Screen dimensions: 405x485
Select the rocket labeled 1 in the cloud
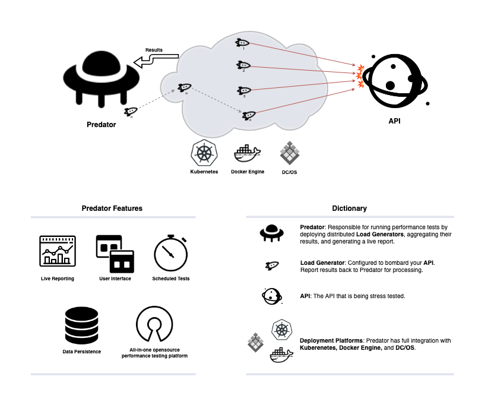click(x=243, y=43)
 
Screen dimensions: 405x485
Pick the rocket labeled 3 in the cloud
click(x=243, y=90)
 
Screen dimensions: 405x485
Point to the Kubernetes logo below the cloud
click(x=204, y=153)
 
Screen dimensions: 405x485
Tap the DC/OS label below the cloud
click(x=289, y=172)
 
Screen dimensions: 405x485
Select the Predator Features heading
click(x=112, y=208)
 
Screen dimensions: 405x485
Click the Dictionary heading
click(x=349, y=208)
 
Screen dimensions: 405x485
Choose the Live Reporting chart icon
click(x=57, y=252)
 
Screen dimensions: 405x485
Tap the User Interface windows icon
click(x=115, y=254)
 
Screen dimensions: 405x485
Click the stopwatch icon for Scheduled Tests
click(x=172, y=254)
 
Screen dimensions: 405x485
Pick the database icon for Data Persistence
click(x=81, y=324)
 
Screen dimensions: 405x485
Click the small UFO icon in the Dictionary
click(x=271, y=232)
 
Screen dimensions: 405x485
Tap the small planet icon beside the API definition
click(x=271, y=295)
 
